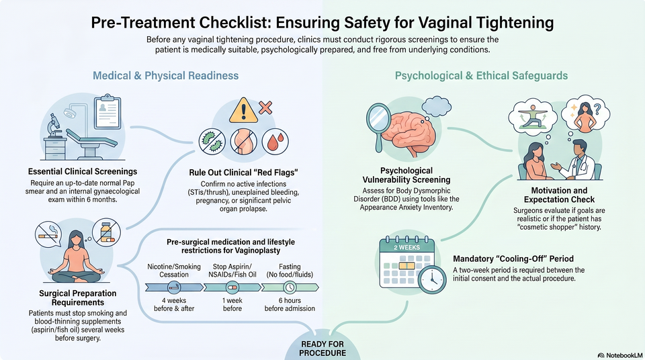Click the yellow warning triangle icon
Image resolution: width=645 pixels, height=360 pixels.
pos(243,111)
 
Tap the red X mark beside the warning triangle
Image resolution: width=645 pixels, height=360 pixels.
pos(265,107)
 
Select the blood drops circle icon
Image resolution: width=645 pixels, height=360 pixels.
pos(275,142)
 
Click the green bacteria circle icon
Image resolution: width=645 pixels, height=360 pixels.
pos(212,142)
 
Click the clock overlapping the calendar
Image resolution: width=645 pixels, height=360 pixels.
pos(432,279)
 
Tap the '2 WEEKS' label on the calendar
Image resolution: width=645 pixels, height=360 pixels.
pos(407,247)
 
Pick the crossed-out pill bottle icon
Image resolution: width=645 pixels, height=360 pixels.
pos(107,232)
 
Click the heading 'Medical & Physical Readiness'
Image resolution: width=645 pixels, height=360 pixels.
pos(165,76)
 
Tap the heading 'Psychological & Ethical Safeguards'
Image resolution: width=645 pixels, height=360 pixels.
pos(481,76)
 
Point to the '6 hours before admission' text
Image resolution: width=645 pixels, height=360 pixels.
pos(290,304)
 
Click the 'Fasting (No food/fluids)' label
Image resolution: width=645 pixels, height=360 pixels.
pos(290,271)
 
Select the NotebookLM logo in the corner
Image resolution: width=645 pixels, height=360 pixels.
pos(620,355)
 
